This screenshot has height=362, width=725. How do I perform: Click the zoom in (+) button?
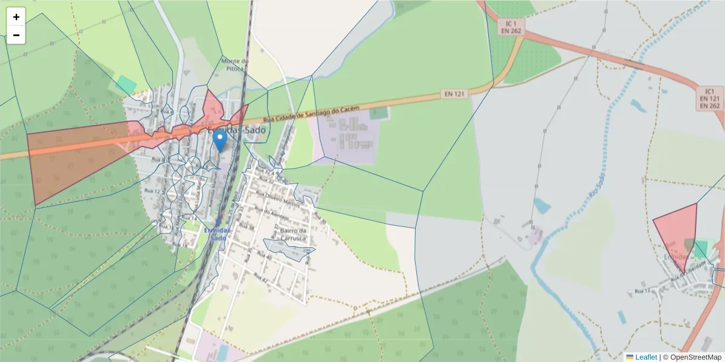(x=16, y=17)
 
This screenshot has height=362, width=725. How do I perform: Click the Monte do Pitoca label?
(x=235, y=65)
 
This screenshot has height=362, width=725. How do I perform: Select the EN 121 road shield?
(x=454, y=94)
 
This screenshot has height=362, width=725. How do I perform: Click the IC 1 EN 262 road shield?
(x=511, y=26)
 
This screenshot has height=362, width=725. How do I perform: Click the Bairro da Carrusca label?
(x=295, y=234)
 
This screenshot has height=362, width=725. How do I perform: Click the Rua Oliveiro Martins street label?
(x=277, y=198)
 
